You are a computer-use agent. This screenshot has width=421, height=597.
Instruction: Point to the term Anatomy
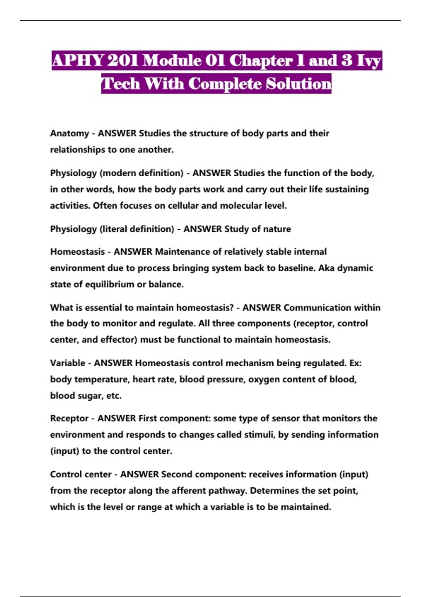(69, 133)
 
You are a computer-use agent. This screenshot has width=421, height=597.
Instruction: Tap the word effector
(119, 340)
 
